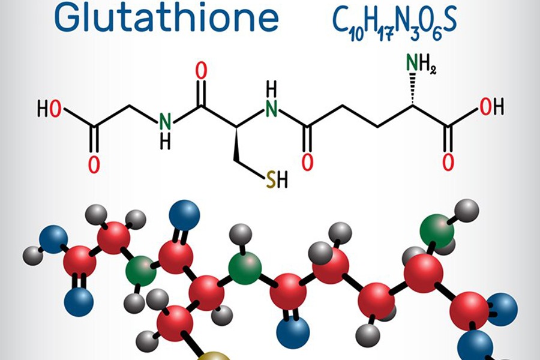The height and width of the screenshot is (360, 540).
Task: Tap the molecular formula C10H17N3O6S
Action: pyautogui.click(x=395, y=22)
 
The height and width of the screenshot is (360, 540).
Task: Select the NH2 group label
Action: pyautogui.click(x=421, y=64)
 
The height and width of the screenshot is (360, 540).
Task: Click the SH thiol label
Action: pyautogui.click(x=277, y=179)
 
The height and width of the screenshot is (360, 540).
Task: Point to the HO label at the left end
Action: pyautogui.click(x=49, y=109)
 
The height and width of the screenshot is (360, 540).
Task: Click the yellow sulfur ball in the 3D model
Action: pyautogui.click(x=214, y=356)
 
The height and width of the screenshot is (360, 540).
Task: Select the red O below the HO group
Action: pyautogui.click(x=94, y=164)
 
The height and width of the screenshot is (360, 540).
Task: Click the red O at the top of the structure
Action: pyautogui.click(x=202, y=71)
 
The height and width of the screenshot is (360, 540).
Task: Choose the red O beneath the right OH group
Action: pyautogui.click(x=448, y=162)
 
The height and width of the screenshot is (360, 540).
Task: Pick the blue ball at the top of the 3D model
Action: pyautogui.click(x=185, y=215)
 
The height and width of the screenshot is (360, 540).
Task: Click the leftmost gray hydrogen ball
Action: pyautogui.click(x=34, y=256)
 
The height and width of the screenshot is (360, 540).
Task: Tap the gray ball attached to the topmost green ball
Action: pyautogui.click(x=467, y=210)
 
